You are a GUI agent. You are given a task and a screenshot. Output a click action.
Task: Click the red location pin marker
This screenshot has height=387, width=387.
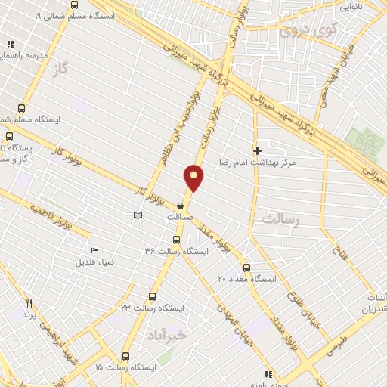[194, 178]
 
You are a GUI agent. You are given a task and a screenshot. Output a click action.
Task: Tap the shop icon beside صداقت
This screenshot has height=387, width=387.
[180, 205]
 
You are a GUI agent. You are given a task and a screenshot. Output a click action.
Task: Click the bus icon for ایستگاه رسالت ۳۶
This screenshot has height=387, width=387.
[176, 240]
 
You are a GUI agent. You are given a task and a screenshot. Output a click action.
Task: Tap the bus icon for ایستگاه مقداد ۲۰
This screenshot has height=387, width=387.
[246, 268]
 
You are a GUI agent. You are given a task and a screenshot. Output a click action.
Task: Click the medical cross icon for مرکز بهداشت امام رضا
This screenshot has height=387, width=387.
[257, 151]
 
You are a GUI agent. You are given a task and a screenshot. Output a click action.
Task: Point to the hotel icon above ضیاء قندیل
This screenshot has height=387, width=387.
[94, 251]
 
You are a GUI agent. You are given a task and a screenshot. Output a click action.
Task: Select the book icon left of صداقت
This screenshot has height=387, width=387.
[137, 216]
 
